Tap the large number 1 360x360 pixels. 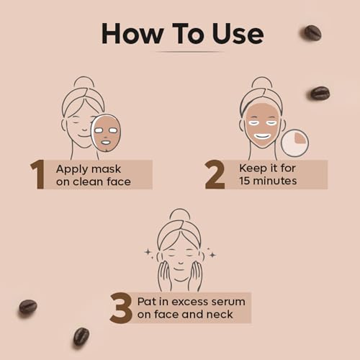(x=37, y=174)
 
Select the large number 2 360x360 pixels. (x=215, y=174)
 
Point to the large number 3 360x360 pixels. (x=121, y=307)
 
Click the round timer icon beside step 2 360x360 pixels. (x=294, y=143)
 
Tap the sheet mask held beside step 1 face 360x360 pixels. (x=106, y=132)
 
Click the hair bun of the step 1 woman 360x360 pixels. (x=84, y=82)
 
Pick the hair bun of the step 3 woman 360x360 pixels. (x=179, y=215)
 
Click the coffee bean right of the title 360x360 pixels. (x=312, y=32)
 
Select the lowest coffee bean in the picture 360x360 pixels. (x=81, y=336)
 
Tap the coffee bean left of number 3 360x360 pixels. (x=27, y=307)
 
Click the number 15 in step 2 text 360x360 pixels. (x=247, y=181)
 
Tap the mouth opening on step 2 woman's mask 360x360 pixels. (x=262, y=135)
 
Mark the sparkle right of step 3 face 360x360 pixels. (x=212, y=254)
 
